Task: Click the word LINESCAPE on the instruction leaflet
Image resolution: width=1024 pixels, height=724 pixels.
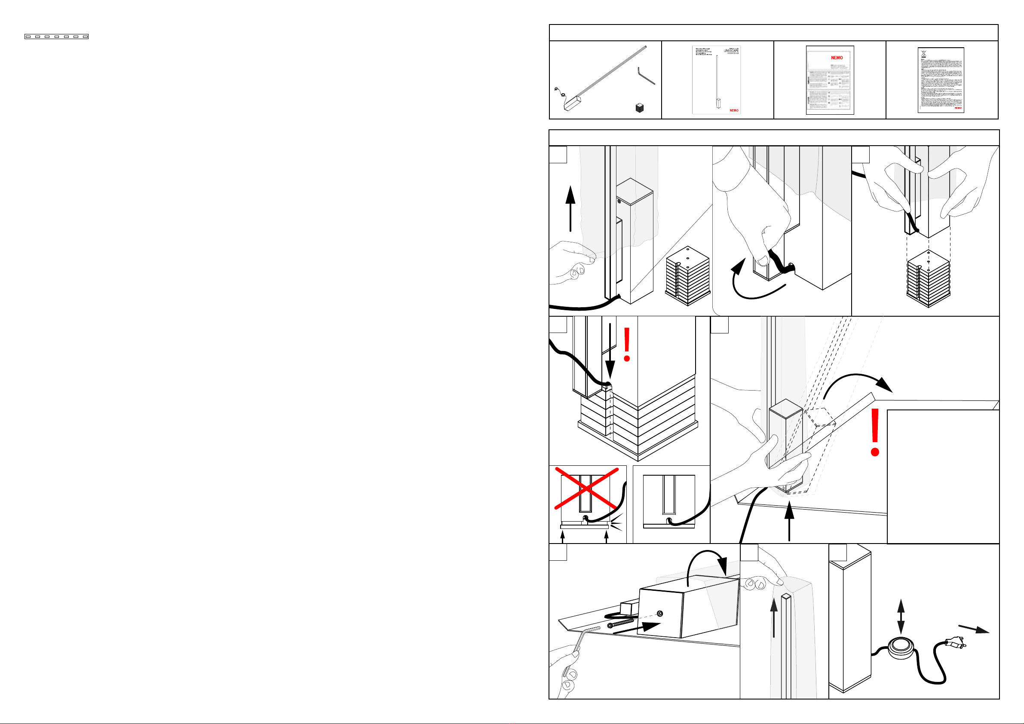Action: coord(731,51)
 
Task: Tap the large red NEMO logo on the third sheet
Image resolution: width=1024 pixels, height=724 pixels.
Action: coord(837,58)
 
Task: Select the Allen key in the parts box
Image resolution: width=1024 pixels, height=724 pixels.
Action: coord(645,75)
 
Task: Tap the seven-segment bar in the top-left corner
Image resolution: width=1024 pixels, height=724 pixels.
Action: coord(56,37)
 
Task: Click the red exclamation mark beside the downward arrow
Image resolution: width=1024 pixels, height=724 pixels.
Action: coord(627,345)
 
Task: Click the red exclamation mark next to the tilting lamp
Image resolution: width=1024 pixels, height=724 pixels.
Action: coord(875,432)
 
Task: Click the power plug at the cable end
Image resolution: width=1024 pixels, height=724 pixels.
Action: coord(954,643)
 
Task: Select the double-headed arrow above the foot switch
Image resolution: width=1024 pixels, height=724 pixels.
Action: coord(901,617)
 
